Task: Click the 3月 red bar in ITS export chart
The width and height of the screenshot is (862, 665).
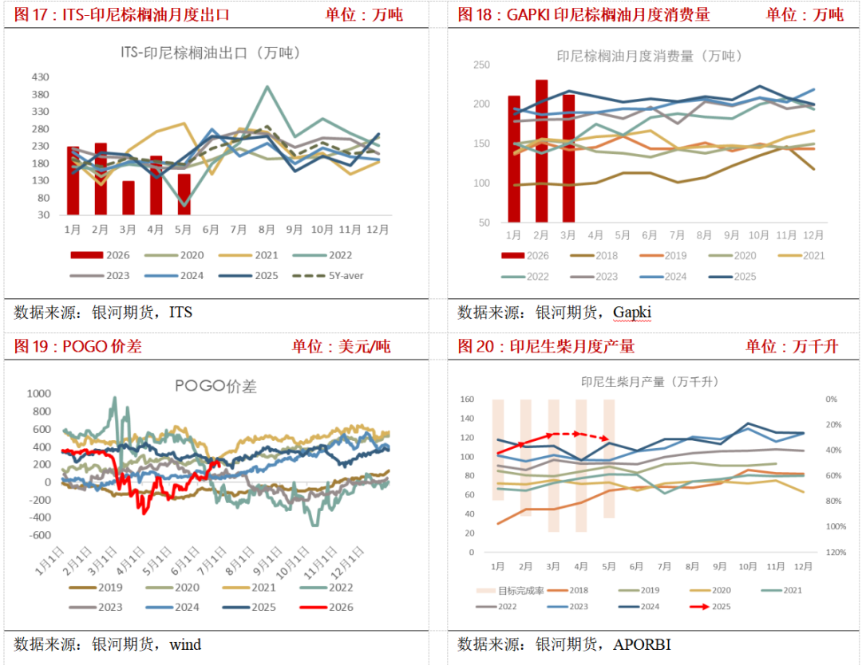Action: [128, 198]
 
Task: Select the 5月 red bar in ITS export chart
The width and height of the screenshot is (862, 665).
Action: [184, 195]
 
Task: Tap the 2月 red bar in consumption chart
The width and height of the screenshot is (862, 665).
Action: [541, 151]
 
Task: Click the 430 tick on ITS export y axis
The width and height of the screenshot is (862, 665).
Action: [41, 77]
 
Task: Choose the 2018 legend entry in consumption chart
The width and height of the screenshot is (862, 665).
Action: [594, 255]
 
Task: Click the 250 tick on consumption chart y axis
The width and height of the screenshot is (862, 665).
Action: [481, 65]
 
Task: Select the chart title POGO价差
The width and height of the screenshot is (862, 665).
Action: [215, 386]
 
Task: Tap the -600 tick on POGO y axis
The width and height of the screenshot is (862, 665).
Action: [39, 535]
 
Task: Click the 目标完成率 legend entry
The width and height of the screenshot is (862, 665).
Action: [510, 590]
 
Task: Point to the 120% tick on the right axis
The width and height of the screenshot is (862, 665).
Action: [836, 552]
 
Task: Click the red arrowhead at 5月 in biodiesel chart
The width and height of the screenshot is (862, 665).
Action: [605, 439]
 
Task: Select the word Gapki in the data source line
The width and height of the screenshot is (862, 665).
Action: [632, 313]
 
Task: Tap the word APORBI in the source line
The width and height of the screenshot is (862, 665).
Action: [642, 644]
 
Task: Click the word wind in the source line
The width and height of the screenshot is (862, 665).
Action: [185, 644]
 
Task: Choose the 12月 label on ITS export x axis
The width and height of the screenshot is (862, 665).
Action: [377, 230]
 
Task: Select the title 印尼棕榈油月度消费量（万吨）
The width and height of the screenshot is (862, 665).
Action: [649, 56]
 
